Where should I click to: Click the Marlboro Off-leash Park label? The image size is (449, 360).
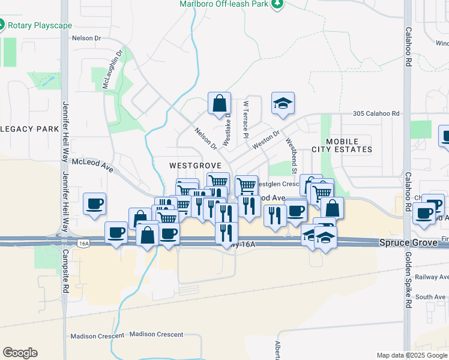(224, 4)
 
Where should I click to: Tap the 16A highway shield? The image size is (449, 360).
(83, 243)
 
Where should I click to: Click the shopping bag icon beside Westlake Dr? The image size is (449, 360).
(220, 103)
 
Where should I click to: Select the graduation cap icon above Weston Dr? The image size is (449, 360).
(283, 103)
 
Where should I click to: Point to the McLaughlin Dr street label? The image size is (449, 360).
(111, 68)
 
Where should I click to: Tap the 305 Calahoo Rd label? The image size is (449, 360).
(376, 113)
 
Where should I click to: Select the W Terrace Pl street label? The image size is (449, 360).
(246, 120)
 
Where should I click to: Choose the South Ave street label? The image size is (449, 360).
(430, 297)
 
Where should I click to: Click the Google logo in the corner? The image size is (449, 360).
(20, 353)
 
